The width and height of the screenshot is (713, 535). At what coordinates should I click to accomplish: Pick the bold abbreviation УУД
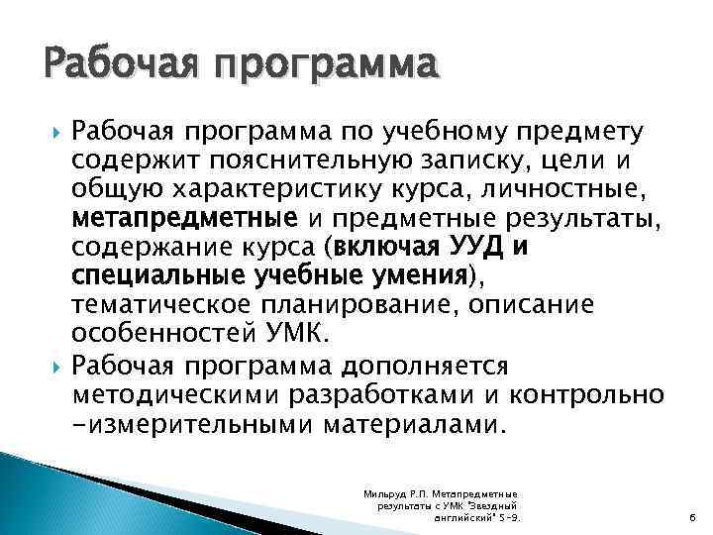point(480,246)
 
